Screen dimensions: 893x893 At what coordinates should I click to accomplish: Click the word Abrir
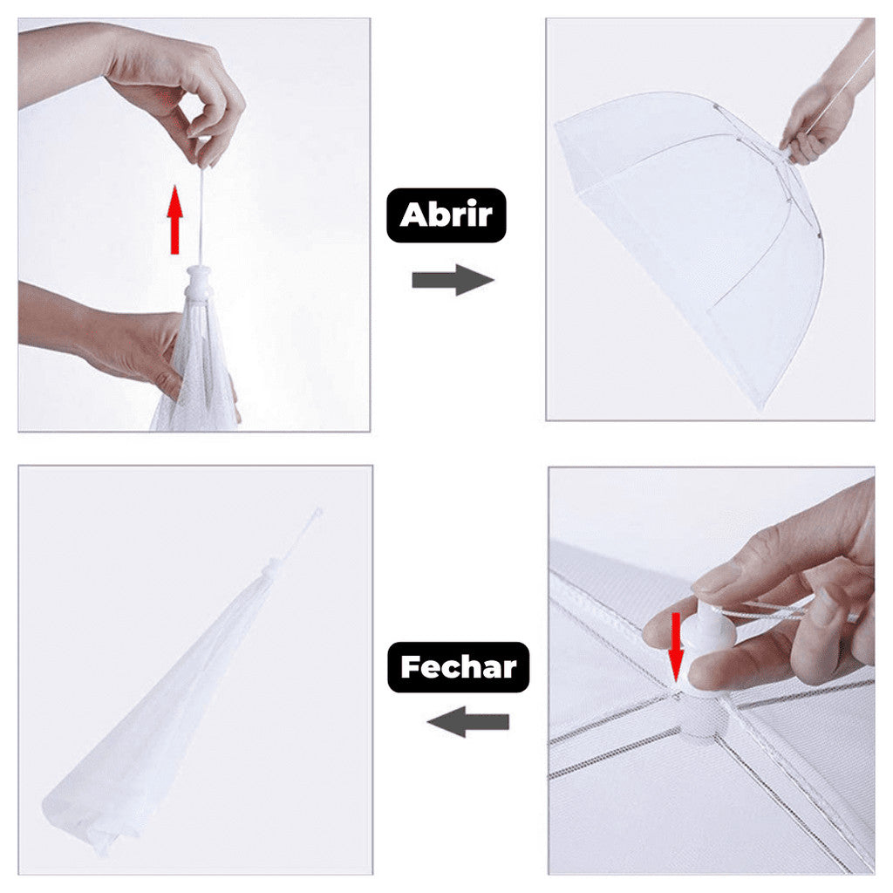click(x=446, y=215)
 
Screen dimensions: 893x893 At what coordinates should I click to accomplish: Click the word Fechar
click(x=459, y=667)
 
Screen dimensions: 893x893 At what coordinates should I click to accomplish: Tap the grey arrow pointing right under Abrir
click(x=453, y=280)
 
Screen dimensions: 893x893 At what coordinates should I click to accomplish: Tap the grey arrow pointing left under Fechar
click(x=468, y=721)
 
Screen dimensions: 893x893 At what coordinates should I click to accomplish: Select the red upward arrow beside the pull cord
click(x=174, y=219)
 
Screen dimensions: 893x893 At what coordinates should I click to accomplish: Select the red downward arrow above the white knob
click(x=676, y=646)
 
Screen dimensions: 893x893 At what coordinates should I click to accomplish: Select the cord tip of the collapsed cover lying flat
click(x=317, y=511)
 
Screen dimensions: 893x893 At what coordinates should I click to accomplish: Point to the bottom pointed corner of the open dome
click(x=761, y=407)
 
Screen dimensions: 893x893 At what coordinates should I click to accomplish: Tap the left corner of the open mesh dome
click(x=557, y=121)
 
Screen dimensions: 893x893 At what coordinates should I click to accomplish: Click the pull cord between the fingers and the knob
click(x=201, y=216)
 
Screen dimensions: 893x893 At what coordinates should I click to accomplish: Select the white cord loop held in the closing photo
click(x=774, y=610)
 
